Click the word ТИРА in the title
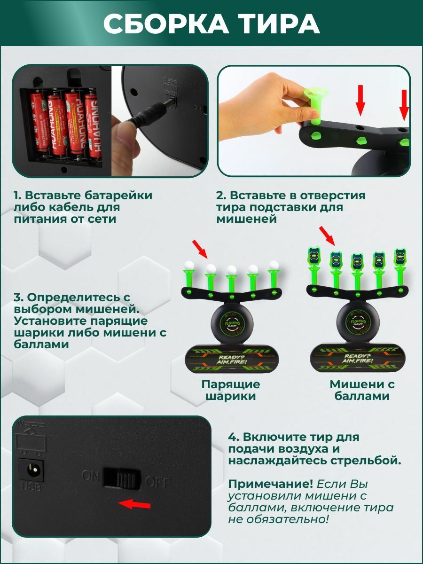(x=275, y=24)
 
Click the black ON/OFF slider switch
(x=122, y=478)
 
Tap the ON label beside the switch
(x=91, y=476)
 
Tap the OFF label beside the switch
(x=157, y=482)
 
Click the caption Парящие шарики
(x=231, y=390)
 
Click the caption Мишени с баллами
(x=362, y=390)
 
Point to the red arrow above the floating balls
(x=200, y=249)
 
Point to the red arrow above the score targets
(x=327, y=235)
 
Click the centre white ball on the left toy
(x=231, y=270)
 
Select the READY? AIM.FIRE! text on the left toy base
(x=231, y=359)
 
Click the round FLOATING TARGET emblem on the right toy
(x=359, y=322)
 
